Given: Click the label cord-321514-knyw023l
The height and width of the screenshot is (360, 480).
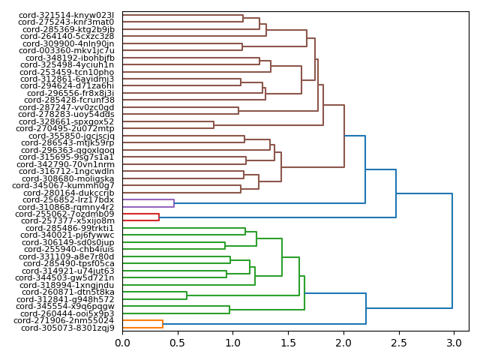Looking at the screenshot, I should [67, 15].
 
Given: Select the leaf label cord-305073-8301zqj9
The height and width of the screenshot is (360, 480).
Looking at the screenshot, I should [67, 328].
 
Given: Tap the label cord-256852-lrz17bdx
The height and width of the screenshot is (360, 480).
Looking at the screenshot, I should [68, 199].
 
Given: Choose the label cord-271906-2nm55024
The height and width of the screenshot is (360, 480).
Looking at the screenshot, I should [67, 320].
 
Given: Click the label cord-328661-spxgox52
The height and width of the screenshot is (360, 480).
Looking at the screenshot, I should [67, 121].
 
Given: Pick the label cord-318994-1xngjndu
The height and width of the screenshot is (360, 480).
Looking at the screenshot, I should [67, 285].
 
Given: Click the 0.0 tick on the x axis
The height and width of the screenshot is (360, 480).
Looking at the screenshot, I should [122, 343].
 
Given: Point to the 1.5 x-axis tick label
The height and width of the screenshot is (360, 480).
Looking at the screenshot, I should [288, 343].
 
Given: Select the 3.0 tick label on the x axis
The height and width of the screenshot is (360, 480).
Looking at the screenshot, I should [453, 343].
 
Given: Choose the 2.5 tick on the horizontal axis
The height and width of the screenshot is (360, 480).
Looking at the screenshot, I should [398, 343].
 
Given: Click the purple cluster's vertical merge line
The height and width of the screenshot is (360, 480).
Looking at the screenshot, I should [174, 203].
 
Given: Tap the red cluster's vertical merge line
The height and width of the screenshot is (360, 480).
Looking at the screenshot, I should [159, 217].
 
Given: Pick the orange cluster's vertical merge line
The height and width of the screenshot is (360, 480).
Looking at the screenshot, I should [163, 324].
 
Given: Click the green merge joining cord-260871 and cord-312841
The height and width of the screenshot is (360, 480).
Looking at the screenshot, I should [187, 295].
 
